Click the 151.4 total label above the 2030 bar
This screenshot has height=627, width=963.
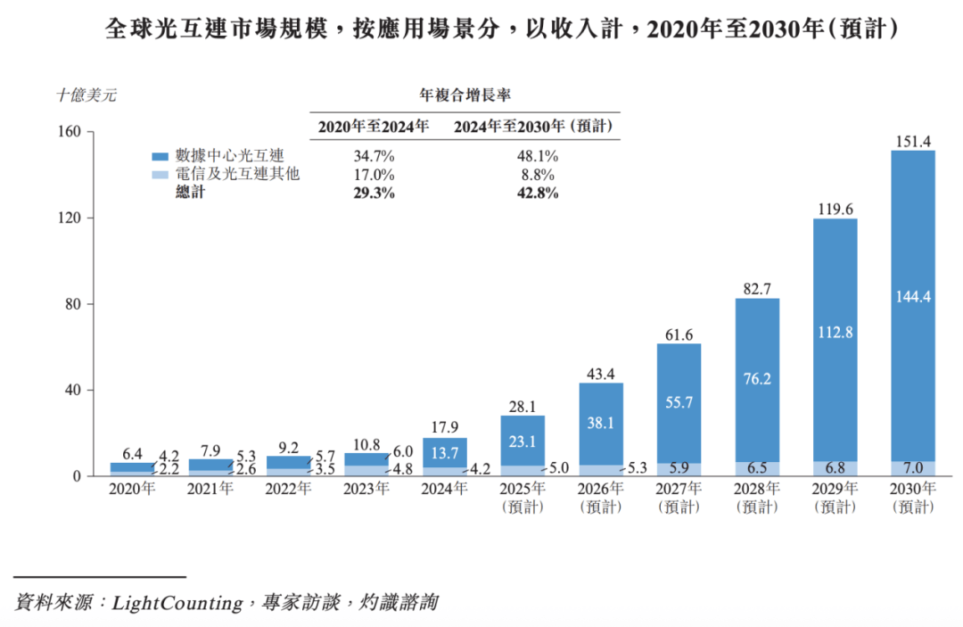click(913, 141)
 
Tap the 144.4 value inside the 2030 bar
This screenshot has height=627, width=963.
click(913, 297)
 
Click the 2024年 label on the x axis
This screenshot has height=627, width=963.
click(445, 489)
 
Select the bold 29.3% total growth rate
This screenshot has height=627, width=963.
click(374, 193)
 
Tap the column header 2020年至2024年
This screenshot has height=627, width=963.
click(374, 127)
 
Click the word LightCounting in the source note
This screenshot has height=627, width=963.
click(177, 603)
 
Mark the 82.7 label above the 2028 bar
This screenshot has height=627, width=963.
click(757, 289)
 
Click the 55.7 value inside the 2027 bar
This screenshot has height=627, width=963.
click(679, 402)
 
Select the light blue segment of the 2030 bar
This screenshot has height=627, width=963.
click(913, 468)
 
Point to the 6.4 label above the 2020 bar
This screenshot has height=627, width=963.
click(132, 454)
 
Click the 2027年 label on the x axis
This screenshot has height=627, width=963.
click(679, 489)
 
